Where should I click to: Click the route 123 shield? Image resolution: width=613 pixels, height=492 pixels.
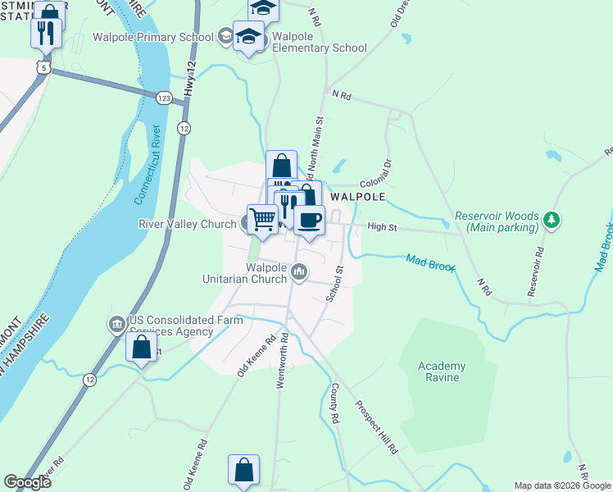pyautogui.click(x=164, y=98)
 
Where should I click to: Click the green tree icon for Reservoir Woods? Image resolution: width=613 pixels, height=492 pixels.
pyautogui.click(x=552, y=220)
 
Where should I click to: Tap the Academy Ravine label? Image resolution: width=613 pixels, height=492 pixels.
pyautogui.click(x=442, y=372)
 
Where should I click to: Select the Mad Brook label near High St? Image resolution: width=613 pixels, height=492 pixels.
pyautogui.click(x=429, y=262)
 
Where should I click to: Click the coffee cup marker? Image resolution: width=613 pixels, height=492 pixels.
pyautogui.click(x=309, y=221)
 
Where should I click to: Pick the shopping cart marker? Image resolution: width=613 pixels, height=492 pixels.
pyautogui.click(x=262, y=219)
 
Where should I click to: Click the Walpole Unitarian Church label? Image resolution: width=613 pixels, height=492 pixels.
pyautogui.click(x=254, y=273)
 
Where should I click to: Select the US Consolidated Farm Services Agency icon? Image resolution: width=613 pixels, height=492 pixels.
pyautogui.click(x=116, y=325)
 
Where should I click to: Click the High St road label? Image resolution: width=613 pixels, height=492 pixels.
pyautogui.click(x=382, y=226)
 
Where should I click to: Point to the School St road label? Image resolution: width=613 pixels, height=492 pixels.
pyautogui.click(x=334, y=283)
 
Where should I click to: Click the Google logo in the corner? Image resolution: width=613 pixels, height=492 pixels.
pyautogui.click(x=27, y=482)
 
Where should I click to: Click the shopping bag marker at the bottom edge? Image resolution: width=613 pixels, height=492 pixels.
pyautogui.click(x=244, y=471)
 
